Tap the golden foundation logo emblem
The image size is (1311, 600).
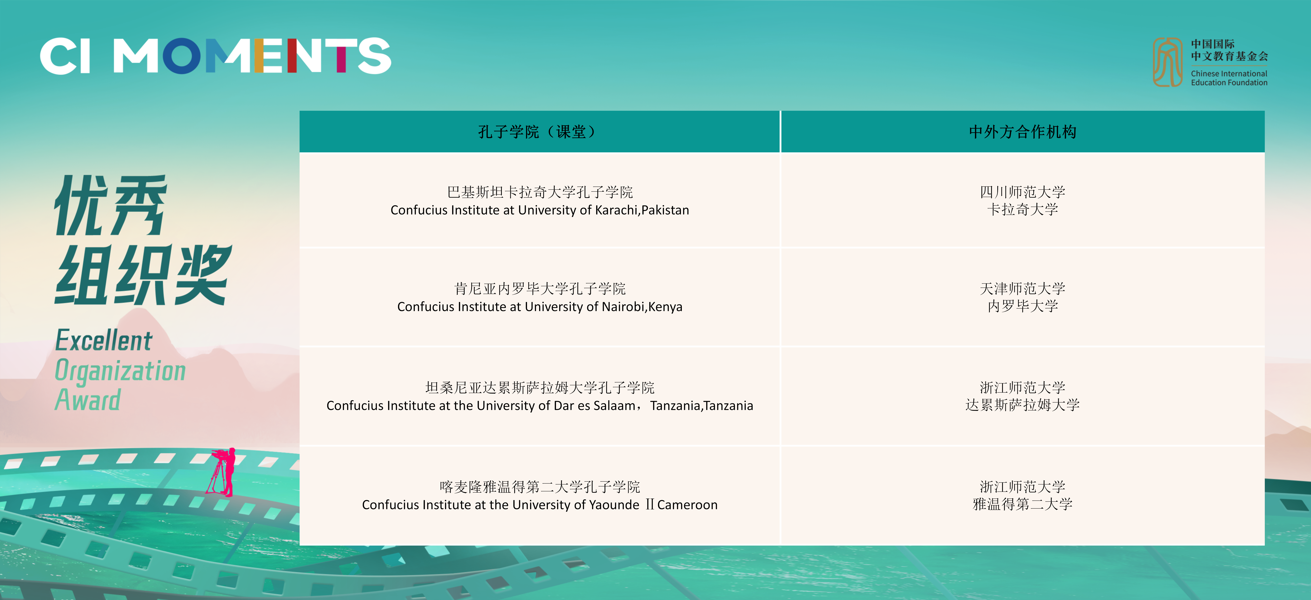1167,62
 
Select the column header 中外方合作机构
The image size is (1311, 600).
1022,132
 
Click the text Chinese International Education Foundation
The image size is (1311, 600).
1229,78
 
